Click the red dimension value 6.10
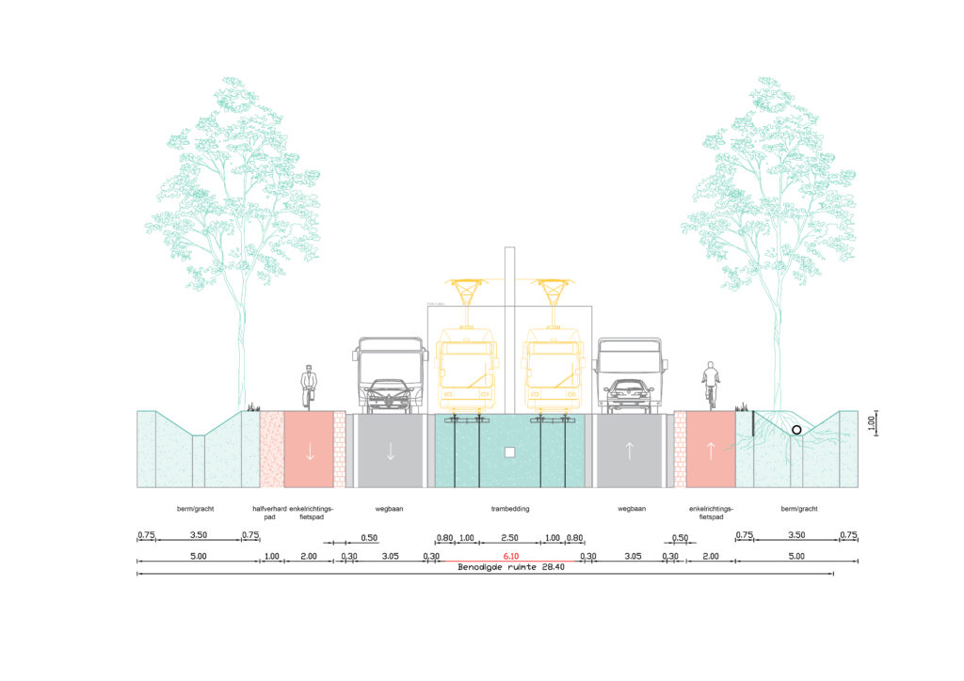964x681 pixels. point(510,557)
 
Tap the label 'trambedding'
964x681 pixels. point(510,509)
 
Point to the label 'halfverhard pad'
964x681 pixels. point(271,513)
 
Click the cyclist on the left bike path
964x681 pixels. point(309,387)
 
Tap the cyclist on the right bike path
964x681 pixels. point(711,385)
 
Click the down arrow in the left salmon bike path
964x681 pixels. point(309,450)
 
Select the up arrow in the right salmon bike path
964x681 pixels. point(711,450)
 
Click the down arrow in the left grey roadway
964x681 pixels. point(390,450)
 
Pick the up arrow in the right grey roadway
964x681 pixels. point(630,450)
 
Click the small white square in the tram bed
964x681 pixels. point(509,452)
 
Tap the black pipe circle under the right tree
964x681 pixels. point(797,430)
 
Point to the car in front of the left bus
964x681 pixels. point(388,395)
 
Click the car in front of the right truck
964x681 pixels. point(629,394)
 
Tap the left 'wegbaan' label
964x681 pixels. point(390,509)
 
